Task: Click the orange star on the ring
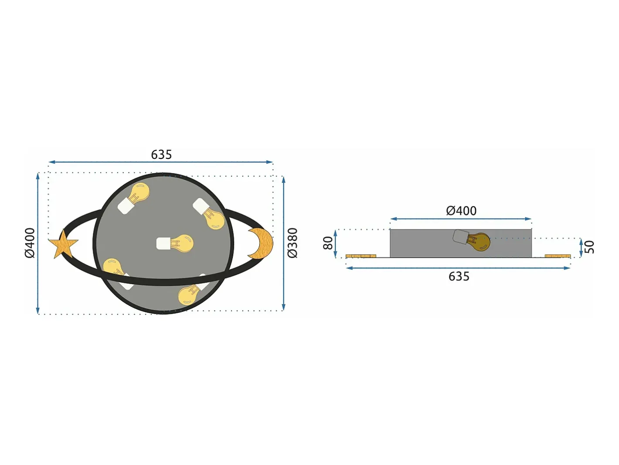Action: click(x=63, y=245)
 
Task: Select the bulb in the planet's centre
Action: click(x=175, y=243)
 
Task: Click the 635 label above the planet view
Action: click(x=161, y=154)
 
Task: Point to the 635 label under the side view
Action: click(x=459, y=276)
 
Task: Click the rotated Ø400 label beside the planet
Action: click(x=30, y=243)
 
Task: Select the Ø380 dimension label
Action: click(x=292, y=243)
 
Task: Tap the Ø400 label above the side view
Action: click(x=461, y=211)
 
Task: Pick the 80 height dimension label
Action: click(x=328, y=243)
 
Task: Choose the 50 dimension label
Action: click(x=589, y=247)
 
